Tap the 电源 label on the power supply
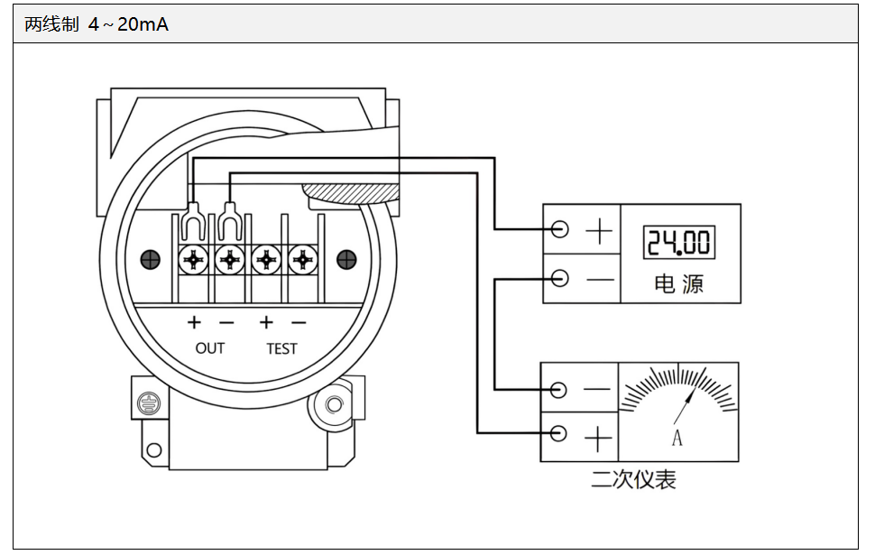click(x=678, y=284)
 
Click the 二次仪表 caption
click(x=633, y=479)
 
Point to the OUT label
click(x=209, y=348)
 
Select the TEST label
click(x=281, y=348)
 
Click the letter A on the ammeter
click(x=677, y=439)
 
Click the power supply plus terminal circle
click(x=560, y=229)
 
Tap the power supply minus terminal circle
click(x=560, y=278)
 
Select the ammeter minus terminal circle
click(x=558, y=390)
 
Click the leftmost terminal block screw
click(x=193, y=260)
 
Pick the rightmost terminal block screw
click(x=303, y=260)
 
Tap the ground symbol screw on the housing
click(x=147, y=402)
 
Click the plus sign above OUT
click(x=193, y=322)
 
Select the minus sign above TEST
click(x=299, y=322)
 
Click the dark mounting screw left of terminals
click(x=152, y=260)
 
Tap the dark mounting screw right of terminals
click(x=346, y=260)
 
